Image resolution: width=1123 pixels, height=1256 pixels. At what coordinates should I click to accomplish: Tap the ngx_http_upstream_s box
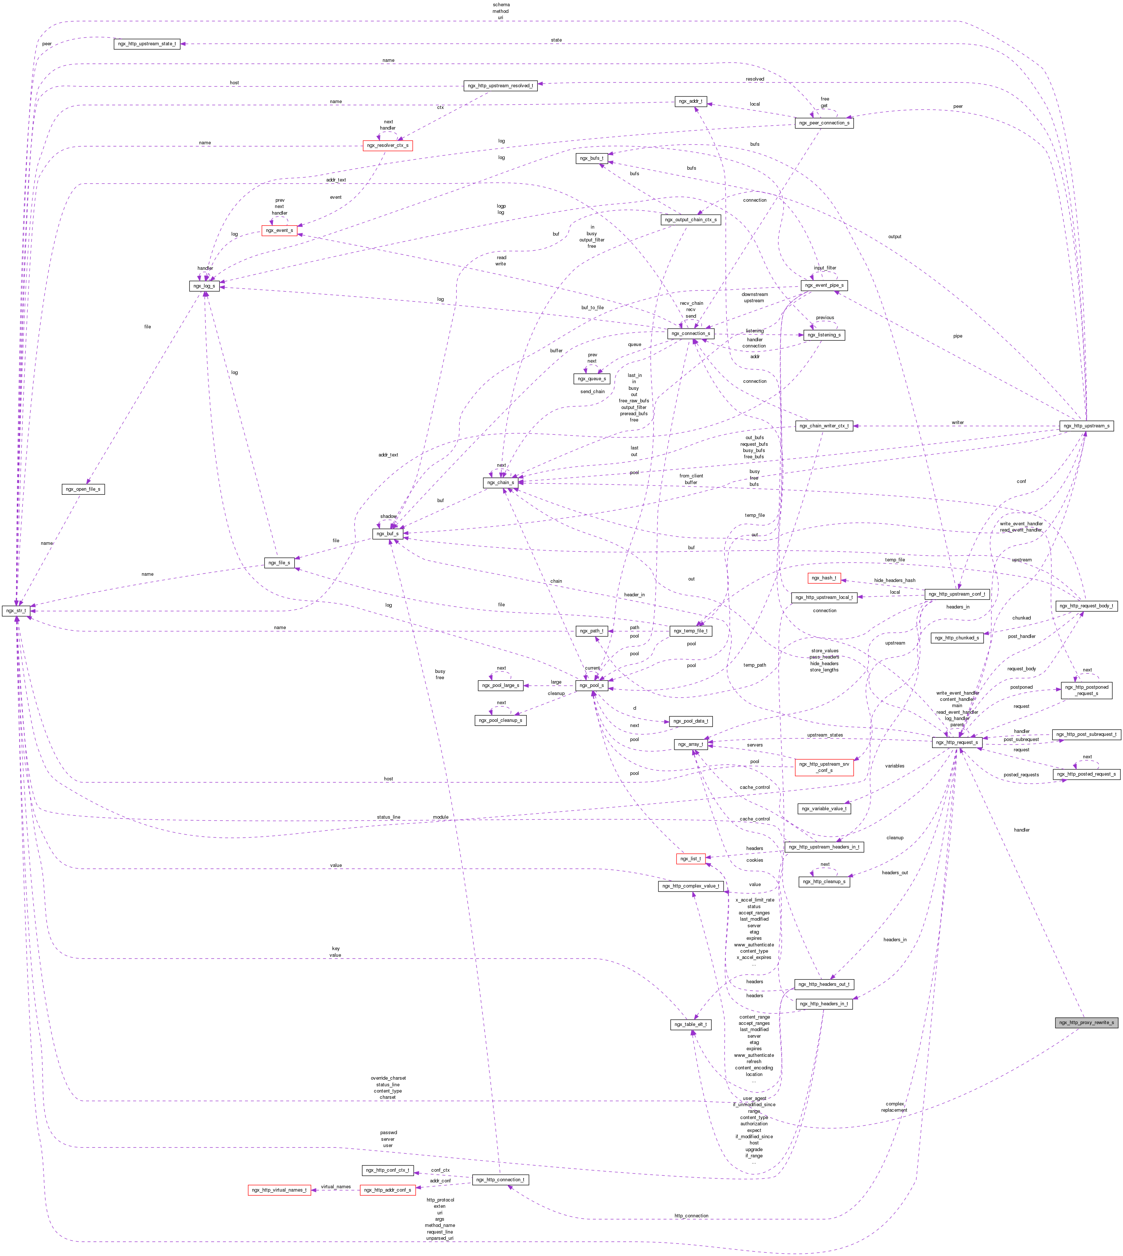coord(1086,426)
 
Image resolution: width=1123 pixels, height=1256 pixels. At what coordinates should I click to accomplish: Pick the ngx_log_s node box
coord(204,286)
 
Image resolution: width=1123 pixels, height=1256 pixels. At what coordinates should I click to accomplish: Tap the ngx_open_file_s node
coord(83,489)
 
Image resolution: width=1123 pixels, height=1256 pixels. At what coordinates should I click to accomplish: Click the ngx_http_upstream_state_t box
coord(147,44)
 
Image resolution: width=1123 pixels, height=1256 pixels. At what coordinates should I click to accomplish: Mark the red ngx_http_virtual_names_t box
coord(279,1190)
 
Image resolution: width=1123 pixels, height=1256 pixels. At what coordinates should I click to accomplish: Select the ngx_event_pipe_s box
coord(824,285)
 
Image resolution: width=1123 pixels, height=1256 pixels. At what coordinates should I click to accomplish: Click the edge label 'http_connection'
coord(691,1216)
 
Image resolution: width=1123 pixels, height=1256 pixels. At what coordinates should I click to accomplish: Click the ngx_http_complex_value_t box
coord(690,886)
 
